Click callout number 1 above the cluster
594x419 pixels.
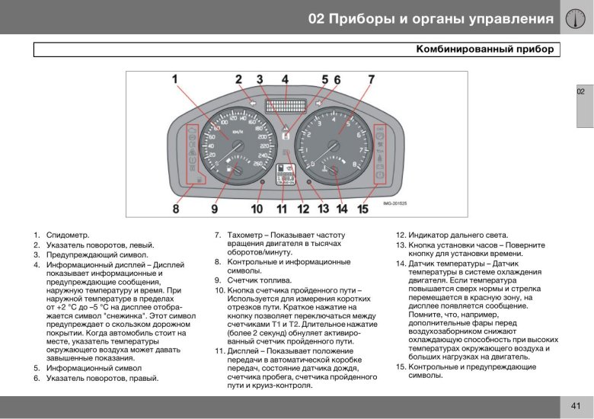click(174, 78)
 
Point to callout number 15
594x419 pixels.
click(363, 207)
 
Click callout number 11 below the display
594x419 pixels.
click(282, 207)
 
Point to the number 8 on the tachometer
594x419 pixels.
click(354, 163)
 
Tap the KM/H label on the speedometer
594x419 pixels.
click(238, 131)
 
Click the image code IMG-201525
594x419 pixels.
click(395, 203)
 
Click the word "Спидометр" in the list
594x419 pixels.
click(68, 235)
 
